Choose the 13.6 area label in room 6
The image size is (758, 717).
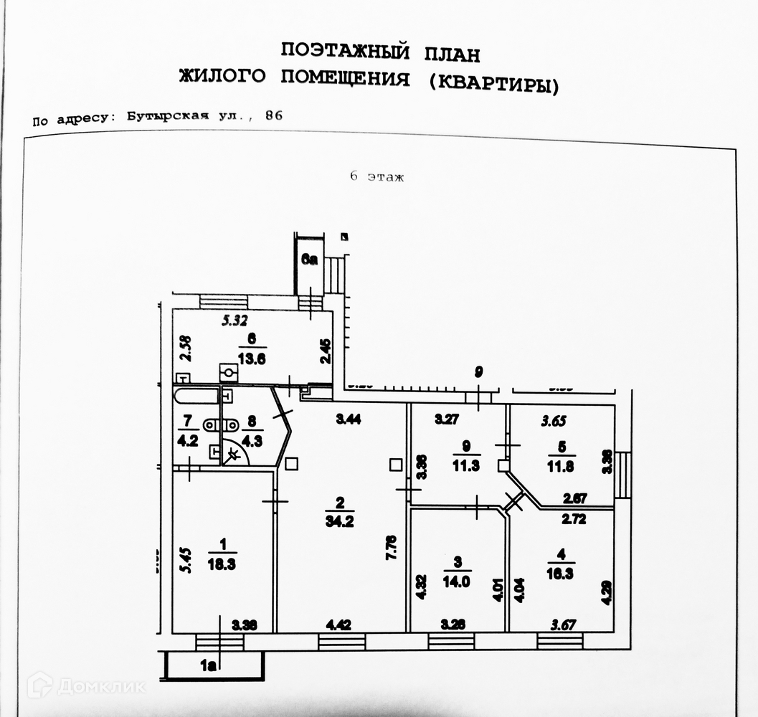tap(252, 361)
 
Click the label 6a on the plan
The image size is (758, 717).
tap(309, 261)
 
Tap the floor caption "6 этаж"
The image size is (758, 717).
tap(376, 177)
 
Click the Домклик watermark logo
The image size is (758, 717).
tap(86, 685)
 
